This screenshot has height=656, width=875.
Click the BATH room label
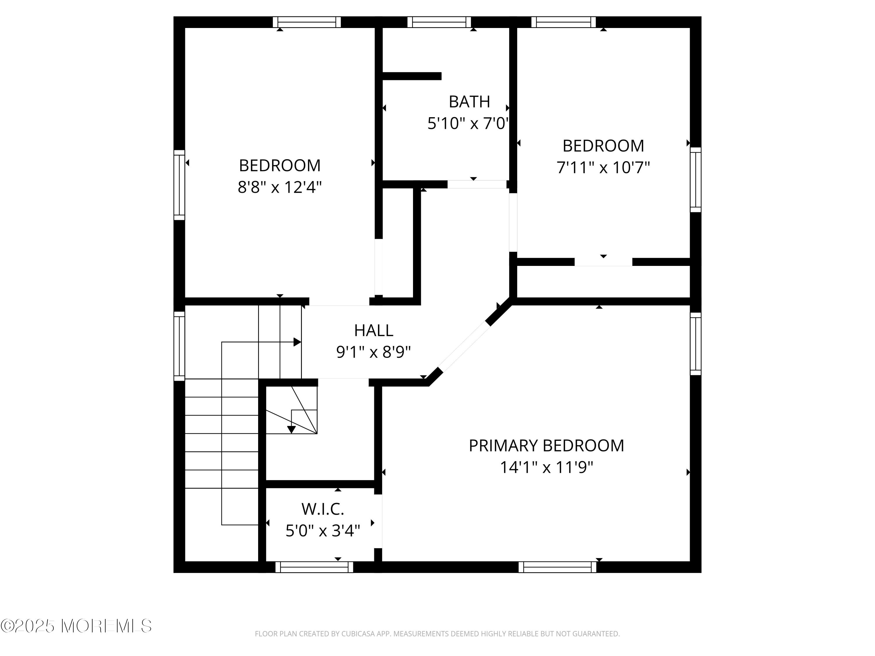469,102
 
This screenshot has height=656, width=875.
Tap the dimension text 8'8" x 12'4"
280,187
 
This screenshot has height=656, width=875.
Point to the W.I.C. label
323,509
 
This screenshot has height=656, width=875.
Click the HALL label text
373,331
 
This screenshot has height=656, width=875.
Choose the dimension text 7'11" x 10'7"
603,168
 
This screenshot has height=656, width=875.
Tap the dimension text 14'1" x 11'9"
546,467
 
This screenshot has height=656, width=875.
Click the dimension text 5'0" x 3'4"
323,531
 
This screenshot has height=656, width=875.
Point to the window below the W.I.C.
314,567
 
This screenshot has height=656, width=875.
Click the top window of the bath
439,22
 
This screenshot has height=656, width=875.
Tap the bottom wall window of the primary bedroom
557,567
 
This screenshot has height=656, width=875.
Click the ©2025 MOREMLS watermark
76,626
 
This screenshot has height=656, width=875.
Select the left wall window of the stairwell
179,346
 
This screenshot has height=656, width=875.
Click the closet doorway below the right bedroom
603,262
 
